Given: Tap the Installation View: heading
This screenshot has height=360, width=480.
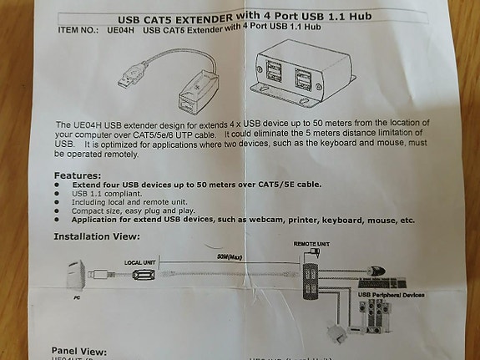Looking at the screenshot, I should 97,236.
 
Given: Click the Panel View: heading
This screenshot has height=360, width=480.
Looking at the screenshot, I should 79,350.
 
